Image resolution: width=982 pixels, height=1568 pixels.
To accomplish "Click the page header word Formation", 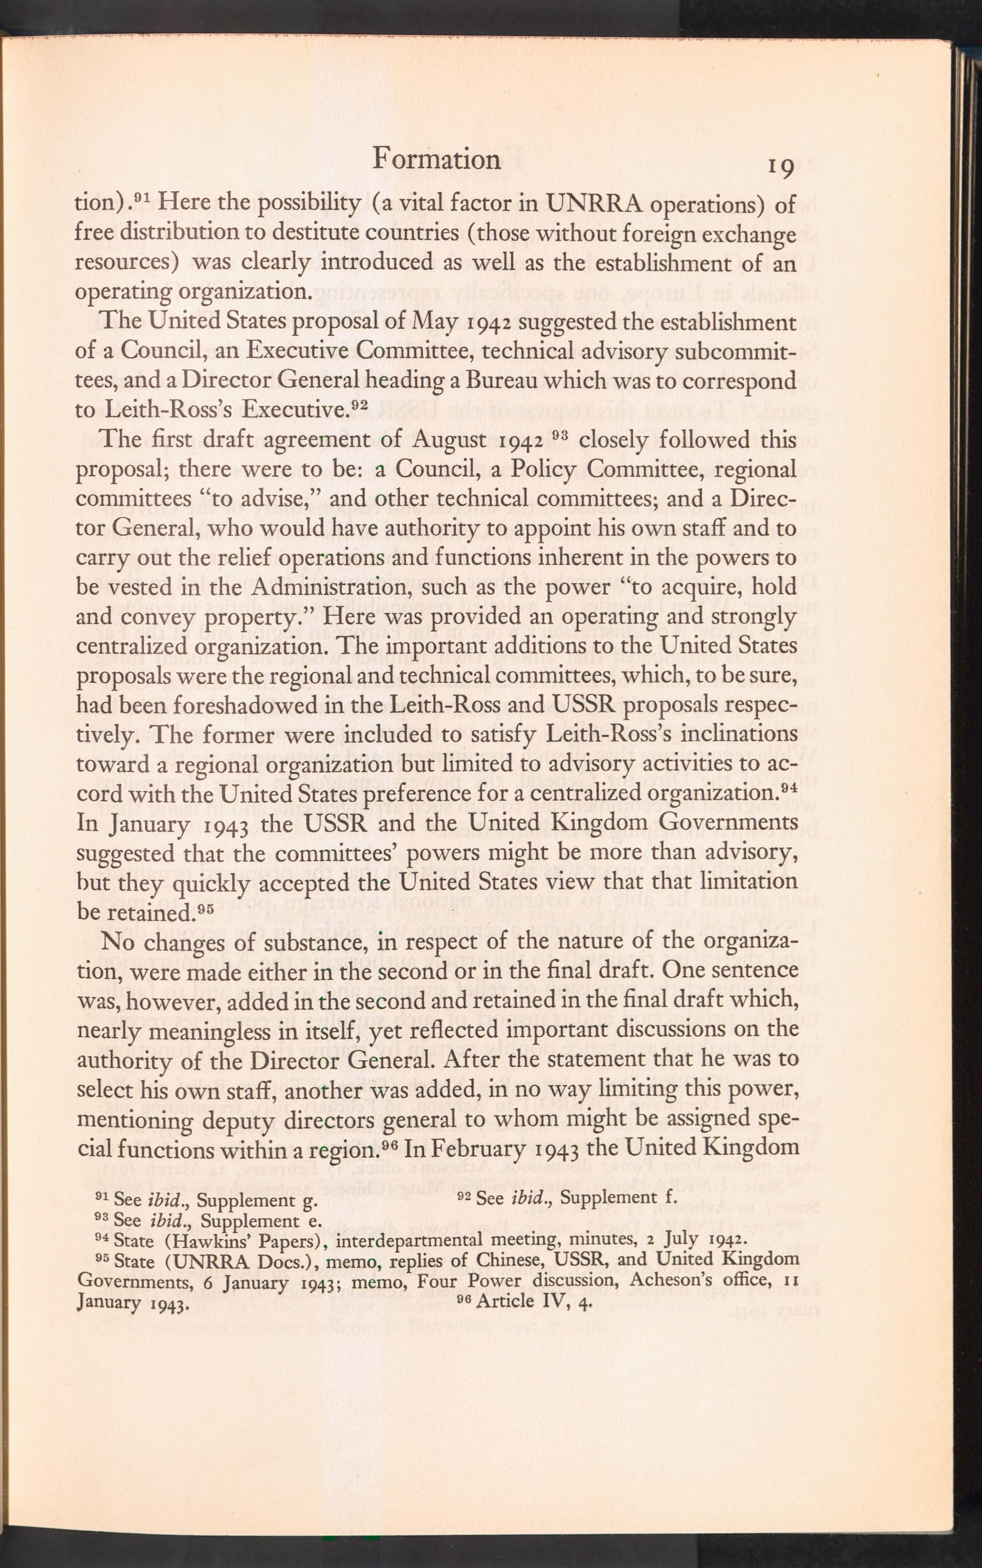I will click(x=436, y=159).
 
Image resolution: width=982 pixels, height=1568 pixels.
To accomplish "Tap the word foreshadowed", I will click(x=205, y=706).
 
